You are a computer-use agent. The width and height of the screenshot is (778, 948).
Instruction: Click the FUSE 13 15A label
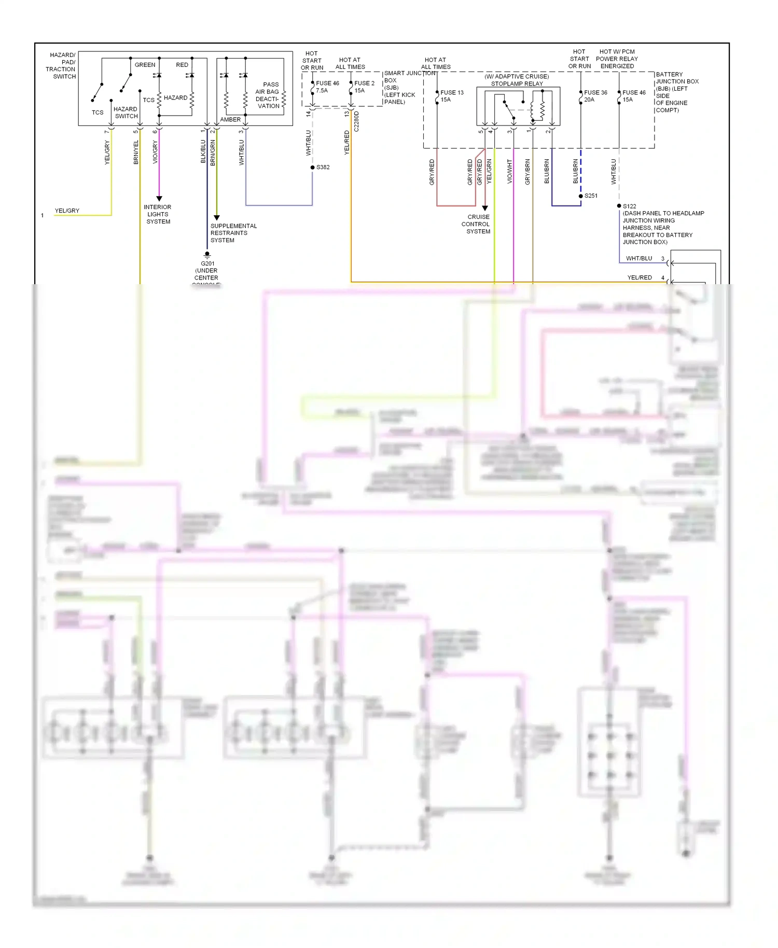click(x=451, y=96)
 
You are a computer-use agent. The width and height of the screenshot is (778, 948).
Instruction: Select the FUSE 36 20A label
click(x=595, y=96)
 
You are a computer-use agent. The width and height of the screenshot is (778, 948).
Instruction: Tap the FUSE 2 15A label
click(x=364, y=87)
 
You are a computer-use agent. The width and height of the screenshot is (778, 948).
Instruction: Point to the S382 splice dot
click(x=312, y=168)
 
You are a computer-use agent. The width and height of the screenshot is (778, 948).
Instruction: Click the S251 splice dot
click(x=581, y=196)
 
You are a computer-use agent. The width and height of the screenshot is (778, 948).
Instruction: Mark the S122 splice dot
click(x=619, y=206)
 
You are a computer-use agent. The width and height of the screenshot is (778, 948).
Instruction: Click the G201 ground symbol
click(x=207, y=255)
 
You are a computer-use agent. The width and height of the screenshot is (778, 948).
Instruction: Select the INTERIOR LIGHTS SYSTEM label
click(x=158, y=214)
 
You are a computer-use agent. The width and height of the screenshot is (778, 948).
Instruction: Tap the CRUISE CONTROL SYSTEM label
click(x=476, y=224)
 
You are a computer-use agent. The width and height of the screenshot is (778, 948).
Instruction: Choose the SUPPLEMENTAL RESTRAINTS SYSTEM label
click(x=233, y=233)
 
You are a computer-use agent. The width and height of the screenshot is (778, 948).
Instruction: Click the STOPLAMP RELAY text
click(x=517, y=83)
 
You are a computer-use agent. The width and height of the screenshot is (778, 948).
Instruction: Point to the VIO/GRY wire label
click(x=155, y=152)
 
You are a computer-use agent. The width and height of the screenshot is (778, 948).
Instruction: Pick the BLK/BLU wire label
click(x=203, y=151)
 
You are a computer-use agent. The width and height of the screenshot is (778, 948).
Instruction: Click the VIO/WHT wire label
click(x=509, y=171)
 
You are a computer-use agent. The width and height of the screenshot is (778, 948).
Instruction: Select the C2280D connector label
click(x=356, y=122)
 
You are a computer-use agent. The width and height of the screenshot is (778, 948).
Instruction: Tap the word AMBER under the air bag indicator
click(x=230, y=120)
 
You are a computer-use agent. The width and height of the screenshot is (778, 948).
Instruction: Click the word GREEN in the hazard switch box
click(x=145, y=65)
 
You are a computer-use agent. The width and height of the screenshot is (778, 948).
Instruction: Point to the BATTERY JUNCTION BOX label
click(x=676, y=92)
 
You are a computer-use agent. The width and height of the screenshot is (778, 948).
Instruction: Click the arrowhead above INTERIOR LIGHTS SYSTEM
click(x=159, y=199)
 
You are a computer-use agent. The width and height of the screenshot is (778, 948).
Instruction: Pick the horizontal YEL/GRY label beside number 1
click(x=67, y=211)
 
